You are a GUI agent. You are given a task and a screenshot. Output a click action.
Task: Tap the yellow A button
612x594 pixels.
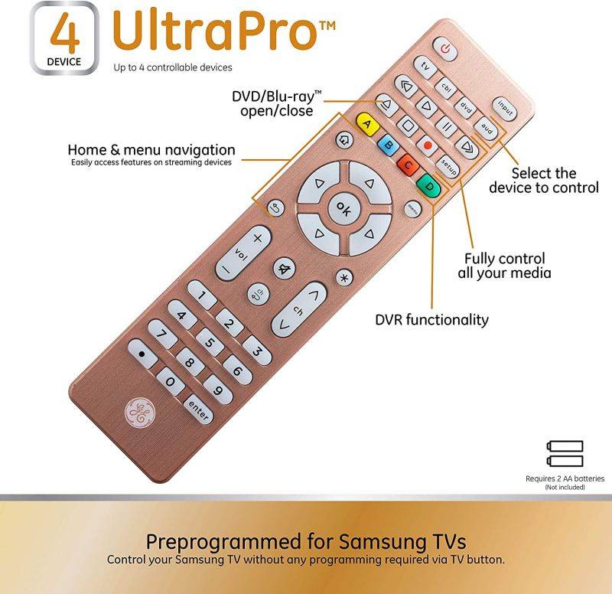click(366, 124)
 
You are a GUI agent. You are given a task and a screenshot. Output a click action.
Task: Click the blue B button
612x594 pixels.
click(388, 144)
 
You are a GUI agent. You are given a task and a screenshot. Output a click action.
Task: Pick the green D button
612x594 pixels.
click(429, 185)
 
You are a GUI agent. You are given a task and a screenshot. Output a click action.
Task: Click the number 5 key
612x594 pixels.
click(210, 341)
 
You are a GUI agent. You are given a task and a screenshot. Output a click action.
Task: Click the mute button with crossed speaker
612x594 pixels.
click(285, 268)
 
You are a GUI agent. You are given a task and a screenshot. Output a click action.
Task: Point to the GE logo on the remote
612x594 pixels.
click(139, 413)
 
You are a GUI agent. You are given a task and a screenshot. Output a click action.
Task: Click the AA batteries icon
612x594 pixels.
click(565, 453)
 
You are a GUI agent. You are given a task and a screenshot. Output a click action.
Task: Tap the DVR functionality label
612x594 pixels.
click(431, 319)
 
